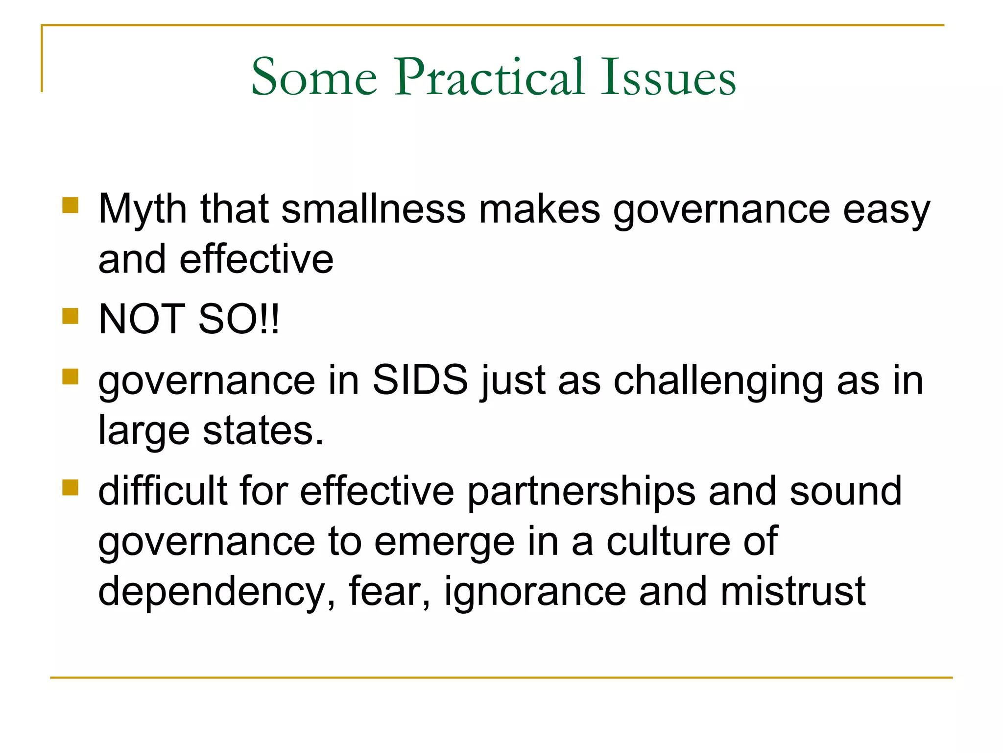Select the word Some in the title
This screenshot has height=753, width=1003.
pyautogui.click(x=314, y=77)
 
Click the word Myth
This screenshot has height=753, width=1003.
pyautogui.click(x=143, y=210)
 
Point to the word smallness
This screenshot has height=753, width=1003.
pyautogui.click(x=373, y=210)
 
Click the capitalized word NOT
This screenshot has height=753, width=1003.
pyautogui.click(x=142, y=320)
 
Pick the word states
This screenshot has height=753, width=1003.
pyautogui.click(x=263, y=431)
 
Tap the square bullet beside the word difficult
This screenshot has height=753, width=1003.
pyautogui.click(x=71, y=487)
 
